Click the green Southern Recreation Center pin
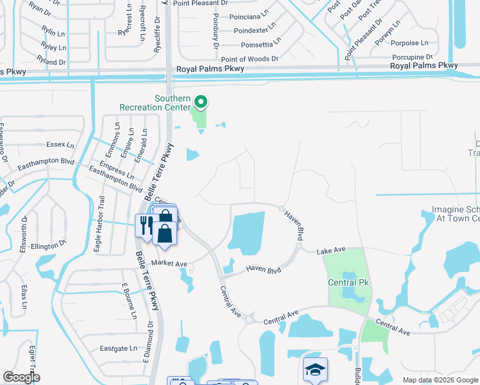click(x=201, y=102)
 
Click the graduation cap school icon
click(x=315, y=370)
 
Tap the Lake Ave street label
click(x=331, y=250)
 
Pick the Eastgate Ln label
click(x=119, y=348)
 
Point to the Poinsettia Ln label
click(x=261, y=45)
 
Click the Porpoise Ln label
click(x=409, y=43)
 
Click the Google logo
click(x=21, y=377)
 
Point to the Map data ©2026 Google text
click(x=440, y=380)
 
